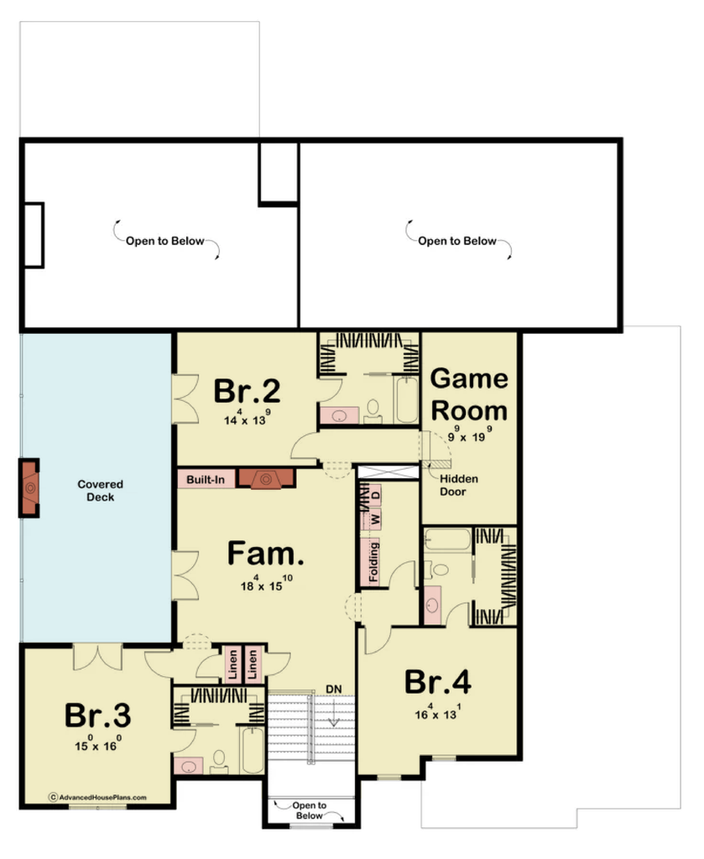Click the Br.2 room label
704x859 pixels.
pos(246,391)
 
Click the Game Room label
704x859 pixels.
pos(469,394)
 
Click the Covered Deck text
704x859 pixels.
pos(100,491)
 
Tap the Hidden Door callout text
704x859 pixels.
pos(459,485)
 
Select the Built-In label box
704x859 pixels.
pos(206,479)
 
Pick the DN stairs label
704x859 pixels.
pos(335,689)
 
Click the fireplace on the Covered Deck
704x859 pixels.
pos(30,487)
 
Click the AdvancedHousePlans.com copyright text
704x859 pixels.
pos(97,798)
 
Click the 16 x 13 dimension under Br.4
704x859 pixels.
pos(438,714)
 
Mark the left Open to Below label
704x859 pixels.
pos(164,241)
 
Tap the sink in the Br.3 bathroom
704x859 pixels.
pos(188,765)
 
